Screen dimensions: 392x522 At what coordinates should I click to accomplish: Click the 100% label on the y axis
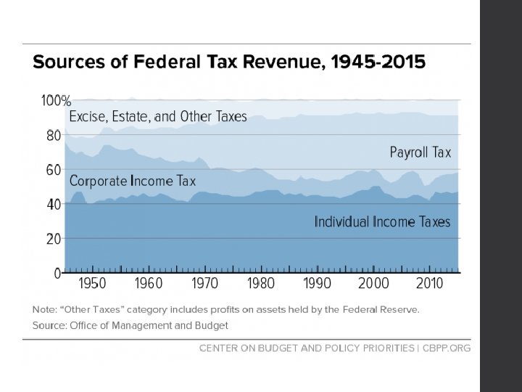point(55,100)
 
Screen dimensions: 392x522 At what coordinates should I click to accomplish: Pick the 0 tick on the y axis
point(58,273)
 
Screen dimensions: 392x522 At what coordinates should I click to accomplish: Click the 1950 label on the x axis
point(92,283)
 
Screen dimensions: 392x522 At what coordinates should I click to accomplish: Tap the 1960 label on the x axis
point(148,283)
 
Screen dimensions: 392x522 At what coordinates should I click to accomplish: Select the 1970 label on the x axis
point(204,283)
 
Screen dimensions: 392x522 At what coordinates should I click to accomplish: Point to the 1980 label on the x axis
point(261,283)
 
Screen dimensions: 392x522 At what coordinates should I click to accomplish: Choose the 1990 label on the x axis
point(317,283)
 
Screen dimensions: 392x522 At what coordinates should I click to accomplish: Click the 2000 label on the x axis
point(373,283)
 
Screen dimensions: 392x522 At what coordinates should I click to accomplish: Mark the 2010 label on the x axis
point(430,283)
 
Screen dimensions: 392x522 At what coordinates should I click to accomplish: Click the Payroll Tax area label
point(420,152)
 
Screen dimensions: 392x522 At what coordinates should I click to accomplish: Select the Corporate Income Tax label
point(133,181)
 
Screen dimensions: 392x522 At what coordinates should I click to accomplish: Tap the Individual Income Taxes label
point(382,221)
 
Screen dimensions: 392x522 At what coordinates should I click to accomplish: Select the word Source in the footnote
point(49,325)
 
